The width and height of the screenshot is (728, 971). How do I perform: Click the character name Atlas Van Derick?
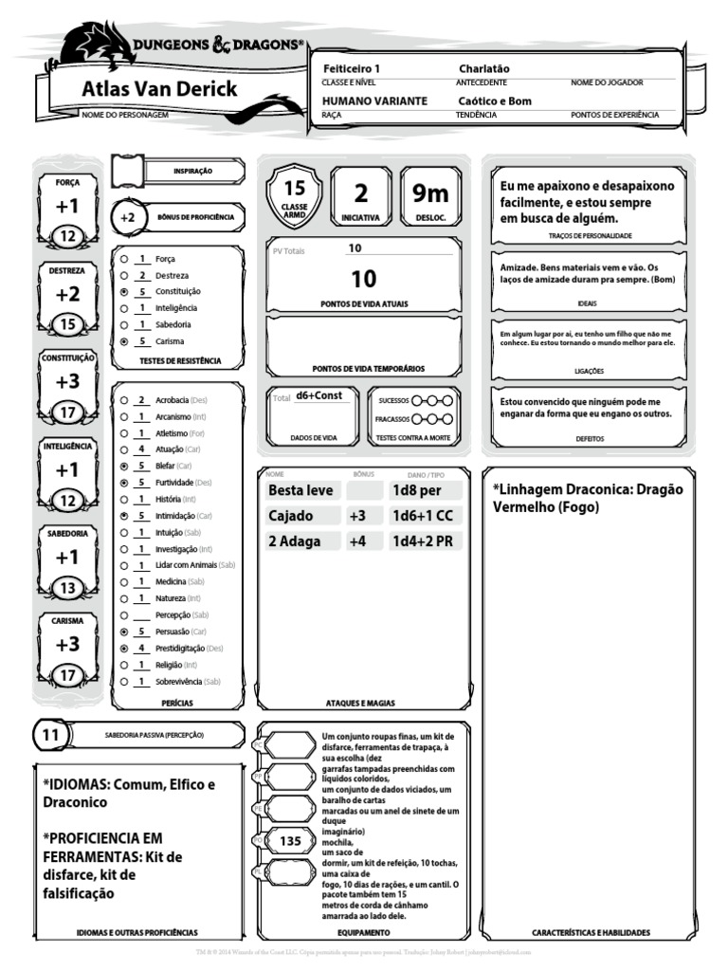pyautogui.click(x=158, y=91)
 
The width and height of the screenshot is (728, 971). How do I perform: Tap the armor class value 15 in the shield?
pyautogui.click(x=295, y=188)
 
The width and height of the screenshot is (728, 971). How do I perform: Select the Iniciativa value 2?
pyautogui.click(x=360, y=193)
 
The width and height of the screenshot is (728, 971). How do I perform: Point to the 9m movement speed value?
pyautogui.click(x=429, y=193)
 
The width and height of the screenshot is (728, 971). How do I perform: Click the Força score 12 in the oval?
pyautogui.click(x=67, y=236)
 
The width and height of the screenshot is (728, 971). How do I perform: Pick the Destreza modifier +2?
pyautogui.click(x=67, y=294)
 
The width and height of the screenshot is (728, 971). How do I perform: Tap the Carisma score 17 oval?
pyautogui.click(x=67, y=676)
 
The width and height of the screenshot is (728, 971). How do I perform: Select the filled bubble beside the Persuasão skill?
pyautogui.click(x=124, y=631)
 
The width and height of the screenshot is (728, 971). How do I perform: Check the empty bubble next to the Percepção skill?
pyautogui.click(x=124, y=614)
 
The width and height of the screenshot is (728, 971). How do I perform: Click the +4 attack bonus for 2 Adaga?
pyautogui.click(x=357, y=541)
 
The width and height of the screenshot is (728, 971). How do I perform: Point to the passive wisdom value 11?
pyautogui.click(x=51, y=735)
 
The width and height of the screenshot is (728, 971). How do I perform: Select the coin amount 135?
pyautogui.click(x=290, y=840)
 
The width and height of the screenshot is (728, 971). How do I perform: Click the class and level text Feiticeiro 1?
pyautogui.click(x=351, y=69)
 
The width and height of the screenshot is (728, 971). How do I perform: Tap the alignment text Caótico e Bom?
pyautogui.click(x=494, y=101)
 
